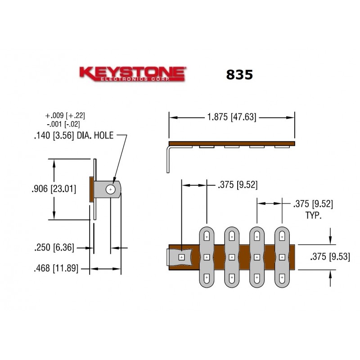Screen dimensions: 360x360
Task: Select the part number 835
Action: [x=239, y=74]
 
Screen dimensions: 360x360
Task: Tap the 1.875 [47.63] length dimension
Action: [x=231, y=117]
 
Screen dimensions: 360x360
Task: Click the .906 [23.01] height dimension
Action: [x=54, y=189]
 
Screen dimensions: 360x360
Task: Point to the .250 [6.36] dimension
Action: [x=54, y=247]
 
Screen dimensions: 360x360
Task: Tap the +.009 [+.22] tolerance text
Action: [x=65, y=116]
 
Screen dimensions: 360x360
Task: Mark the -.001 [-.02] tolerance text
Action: [x=65, y=124]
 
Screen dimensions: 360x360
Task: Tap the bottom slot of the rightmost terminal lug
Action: [x=282, y=278]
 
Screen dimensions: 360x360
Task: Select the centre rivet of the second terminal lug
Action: [x=231, y=257]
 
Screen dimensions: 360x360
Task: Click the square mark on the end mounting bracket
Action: [x=181, y=257]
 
